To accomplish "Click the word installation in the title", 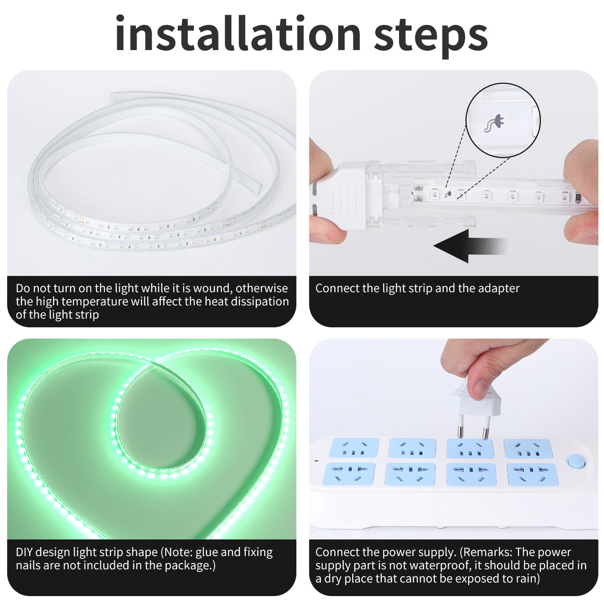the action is click(x=238, y=33).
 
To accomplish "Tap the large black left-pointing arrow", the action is click(x=470, y=246).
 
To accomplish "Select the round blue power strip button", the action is click(x=576, y=461).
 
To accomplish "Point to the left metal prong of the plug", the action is click(x=460, y=426).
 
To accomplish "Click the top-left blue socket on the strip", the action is click(x=354, y=448).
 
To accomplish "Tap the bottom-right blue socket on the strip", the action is click(x=532, y=474).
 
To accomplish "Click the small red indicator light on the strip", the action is click(x=316, y=461).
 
